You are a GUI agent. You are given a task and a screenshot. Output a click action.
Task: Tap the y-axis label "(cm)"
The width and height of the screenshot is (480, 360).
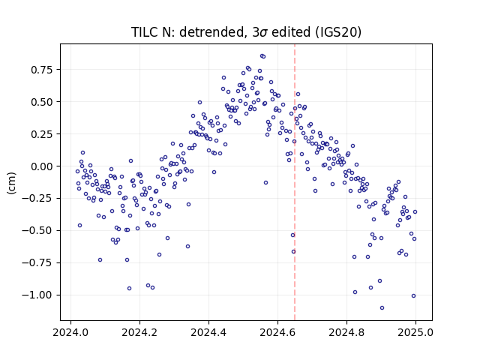11,183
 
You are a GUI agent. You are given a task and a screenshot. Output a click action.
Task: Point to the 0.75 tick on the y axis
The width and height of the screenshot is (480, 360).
42,70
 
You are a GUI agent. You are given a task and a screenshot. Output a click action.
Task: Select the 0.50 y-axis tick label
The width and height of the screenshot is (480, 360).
42,102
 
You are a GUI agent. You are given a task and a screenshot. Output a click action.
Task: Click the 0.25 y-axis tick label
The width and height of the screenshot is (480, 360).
42,134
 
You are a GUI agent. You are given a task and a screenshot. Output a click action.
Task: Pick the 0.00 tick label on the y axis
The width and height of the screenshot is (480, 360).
42,166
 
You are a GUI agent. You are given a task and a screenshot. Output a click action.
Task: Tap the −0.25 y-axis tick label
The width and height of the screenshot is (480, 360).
37,198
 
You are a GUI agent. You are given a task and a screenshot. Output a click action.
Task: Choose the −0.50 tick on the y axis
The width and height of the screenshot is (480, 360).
37,230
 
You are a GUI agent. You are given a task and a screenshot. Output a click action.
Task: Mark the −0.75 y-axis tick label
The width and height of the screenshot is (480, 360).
37,262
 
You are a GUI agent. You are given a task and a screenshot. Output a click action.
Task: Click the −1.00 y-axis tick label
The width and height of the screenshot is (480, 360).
37,295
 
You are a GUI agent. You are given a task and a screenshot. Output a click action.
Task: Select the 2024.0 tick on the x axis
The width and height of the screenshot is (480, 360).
70,332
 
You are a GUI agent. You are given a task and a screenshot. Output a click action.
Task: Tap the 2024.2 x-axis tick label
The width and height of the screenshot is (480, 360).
139,332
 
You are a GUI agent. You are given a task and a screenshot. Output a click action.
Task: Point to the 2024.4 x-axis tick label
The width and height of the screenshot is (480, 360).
208,332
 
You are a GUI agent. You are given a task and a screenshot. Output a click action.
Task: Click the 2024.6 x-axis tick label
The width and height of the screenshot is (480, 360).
277,332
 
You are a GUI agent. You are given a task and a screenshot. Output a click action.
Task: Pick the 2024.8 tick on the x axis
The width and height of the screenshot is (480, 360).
346,332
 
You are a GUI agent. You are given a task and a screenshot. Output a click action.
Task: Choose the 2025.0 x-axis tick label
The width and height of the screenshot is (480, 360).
415,332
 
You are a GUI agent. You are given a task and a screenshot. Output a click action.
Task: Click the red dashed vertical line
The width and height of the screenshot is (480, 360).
295,182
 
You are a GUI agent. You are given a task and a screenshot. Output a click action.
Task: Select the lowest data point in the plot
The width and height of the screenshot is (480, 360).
382,308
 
